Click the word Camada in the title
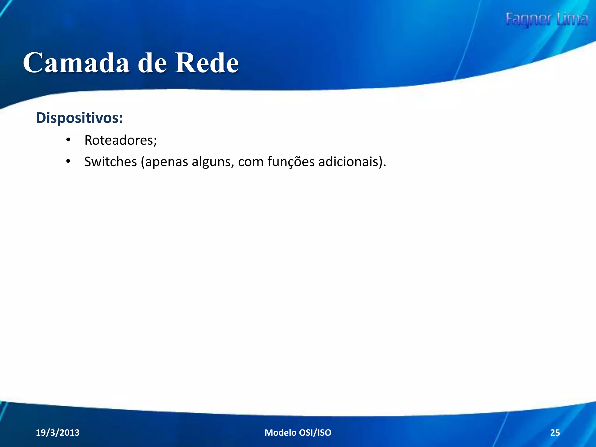pos(76,63)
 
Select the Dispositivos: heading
pos(79,118)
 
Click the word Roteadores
pos(120,140)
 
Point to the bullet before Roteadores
pos(68,140)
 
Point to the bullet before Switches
pos(68,162)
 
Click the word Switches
pos(111,162)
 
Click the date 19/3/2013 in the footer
pos(58,433)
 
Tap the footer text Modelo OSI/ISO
pos(298,433)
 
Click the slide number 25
pos(555,433)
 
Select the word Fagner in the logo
pos(528,20)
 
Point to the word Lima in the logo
pos(572,19)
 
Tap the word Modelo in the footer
pos(280,433)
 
